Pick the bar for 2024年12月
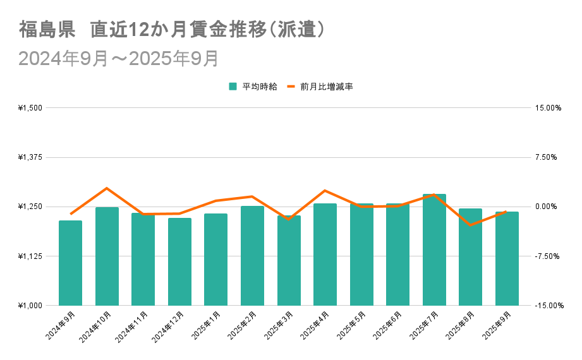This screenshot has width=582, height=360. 179,261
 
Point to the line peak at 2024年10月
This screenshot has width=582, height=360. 107,188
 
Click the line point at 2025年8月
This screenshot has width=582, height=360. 470,225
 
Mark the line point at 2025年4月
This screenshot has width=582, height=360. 325,191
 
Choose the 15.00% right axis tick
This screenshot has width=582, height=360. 548,108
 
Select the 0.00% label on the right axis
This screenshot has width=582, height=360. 548,207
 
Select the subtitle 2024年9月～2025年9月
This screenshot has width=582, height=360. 118,58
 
